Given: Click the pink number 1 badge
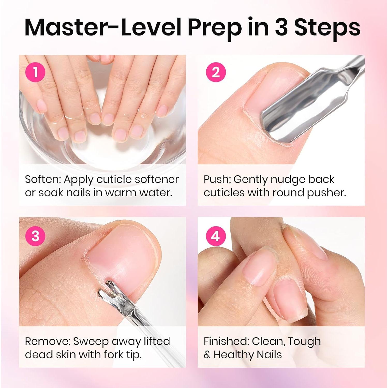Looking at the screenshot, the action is (35, 72).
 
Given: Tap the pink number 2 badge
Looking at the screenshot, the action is (216, 72).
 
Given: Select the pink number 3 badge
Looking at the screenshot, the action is (35, 236).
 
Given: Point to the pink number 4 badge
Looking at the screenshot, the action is (216, 236).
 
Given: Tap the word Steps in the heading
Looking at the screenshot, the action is (327, 28).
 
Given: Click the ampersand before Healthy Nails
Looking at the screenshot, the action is (207, 355).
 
